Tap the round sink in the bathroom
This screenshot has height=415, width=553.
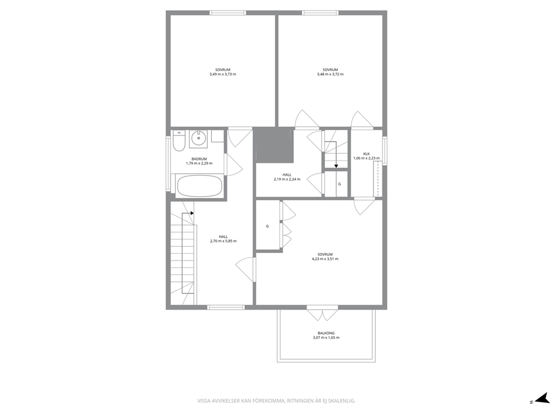198,139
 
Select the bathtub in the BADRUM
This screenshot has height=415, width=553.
199,186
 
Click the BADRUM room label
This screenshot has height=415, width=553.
199,159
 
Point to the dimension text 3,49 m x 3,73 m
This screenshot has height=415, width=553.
222,74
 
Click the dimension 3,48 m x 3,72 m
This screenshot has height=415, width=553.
330,74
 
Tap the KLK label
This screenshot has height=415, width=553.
366,153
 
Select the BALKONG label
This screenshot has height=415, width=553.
326,333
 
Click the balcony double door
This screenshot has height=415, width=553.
322,313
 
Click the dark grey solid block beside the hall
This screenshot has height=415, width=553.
273,145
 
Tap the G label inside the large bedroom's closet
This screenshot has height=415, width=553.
268,226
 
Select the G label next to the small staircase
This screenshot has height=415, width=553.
339,184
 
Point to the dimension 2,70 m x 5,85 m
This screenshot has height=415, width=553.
223,241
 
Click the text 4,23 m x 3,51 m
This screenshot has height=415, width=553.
325,259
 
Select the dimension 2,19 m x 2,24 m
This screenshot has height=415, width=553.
287,179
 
